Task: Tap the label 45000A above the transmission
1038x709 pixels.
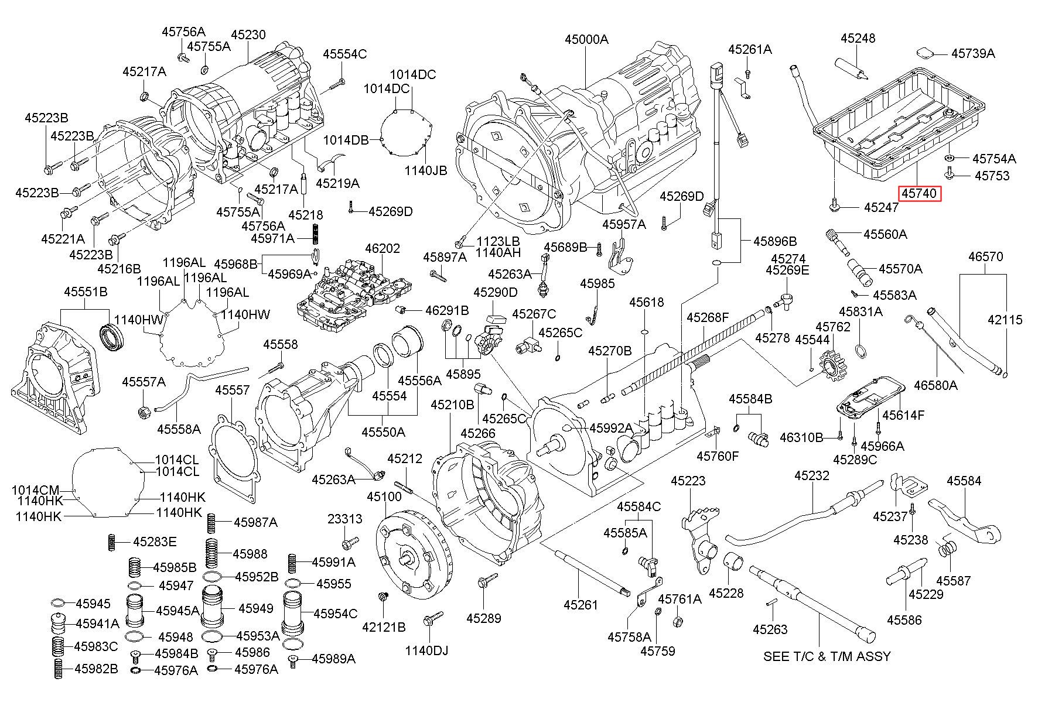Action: tap(586, 39)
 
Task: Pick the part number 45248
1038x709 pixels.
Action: tap(858, 38)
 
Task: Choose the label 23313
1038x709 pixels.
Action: tap(344, 519)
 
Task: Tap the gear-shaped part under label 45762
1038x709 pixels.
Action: tap(830, 366)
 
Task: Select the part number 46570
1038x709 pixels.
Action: tap(986, 256)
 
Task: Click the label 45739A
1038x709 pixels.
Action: tap(973, 53)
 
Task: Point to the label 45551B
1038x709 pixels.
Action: tap(86, 292)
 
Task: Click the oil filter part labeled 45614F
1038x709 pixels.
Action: tap(869, 405)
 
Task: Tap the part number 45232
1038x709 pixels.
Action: tap(812, 475)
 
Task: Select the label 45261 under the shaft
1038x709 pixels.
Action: tap(581, 605)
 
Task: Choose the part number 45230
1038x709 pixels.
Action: tap(248, 35)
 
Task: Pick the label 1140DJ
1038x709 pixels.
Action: tap(426, 650)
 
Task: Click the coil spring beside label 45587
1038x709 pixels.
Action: tap(947, 549)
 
